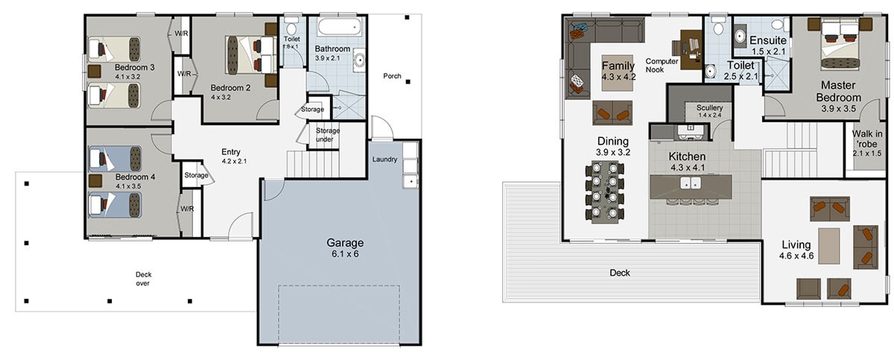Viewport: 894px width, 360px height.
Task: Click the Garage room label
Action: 345,243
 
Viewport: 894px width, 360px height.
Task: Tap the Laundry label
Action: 384,160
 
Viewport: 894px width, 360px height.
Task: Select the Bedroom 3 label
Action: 135,67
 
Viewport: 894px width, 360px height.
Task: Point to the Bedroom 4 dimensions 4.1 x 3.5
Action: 128,186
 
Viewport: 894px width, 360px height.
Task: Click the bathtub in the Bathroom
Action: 340,27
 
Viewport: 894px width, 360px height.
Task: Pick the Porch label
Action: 392,76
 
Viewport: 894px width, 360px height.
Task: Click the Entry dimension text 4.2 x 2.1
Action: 234,161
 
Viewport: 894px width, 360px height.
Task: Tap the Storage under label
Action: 327,135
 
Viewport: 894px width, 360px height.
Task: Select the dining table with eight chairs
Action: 605,192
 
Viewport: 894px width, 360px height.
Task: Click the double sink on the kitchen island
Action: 691,183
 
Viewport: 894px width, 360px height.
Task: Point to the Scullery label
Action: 709,107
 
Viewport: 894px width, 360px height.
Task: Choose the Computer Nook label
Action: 662,66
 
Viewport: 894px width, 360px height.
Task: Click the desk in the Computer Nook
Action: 691,49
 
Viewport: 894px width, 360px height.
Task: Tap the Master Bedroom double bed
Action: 840,45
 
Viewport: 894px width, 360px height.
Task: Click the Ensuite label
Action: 768,40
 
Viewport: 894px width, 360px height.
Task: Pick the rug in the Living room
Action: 829,246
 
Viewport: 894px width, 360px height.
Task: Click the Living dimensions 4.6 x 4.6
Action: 796,256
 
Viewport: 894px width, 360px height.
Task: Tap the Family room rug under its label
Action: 617,72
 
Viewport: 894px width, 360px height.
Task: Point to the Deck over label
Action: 143,279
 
